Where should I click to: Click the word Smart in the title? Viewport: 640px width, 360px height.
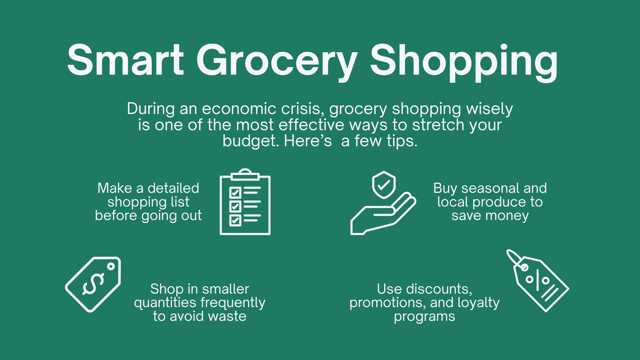click(126, 60)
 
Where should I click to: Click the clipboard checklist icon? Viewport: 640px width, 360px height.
click(245, 202)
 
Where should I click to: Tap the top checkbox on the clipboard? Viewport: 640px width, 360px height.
click(235, 192)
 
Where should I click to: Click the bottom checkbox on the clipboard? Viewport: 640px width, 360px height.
click(235, 220)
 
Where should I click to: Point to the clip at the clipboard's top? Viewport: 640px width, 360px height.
click(245, 174)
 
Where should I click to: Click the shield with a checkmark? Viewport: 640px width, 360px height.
click(384, 184)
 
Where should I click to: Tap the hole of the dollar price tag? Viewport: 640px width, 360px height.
click(111, 266)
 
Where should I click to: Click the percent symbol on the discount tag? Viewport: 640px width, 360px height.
click(538, 280)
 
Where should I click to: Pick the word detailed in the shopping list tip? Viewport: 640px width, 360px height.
click(173, 188)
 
